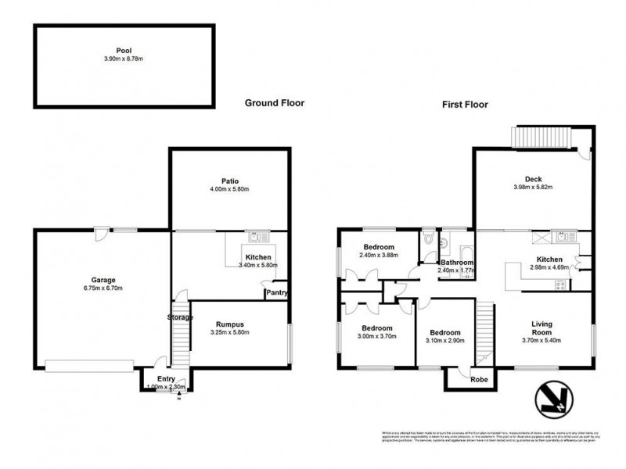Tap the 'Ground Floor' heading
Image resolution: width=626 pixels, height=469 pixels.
[x=274, y=102]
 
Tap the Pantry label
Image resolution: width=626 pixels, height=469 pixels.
[x=276, y=293]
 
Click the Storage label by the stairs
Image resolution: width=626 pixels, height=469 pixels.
[x=179, y=317]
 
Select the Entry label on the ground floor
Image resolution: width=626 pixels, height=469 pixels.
[x=165, y=379]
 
